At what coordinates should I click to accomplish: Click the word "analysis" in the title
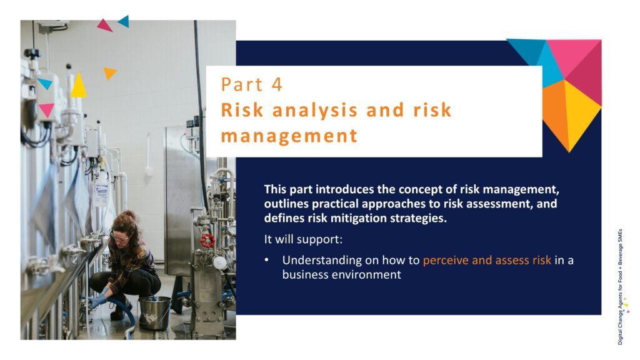click(315, 110)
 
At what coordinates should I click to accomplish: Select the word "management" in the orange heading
click(289, 136)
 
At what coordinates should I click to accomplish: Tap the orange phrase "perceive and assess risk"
click(487, 261)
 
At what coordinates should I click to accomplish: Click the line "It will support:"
click(303, 239)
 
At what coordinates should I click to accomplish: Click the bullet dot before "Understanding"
click(267, 260)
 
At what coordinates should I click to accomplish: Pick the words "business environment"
click(342, 274)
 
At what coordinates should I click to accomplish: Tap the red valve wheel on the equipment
click(207, 241)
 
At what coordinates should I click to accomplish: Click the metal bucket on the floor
click(154, 312)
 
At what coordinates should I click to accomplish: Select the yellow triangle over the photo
click(78, 85)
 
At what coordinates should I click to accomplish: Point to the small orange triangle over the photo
click(109, 72)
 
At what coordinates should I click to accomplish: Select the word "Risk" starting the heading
click(242, 110)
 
